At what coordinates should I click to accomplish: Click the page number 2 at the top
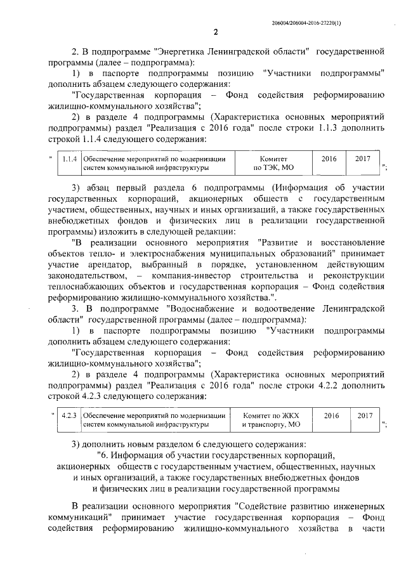(x=216, y=33)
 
